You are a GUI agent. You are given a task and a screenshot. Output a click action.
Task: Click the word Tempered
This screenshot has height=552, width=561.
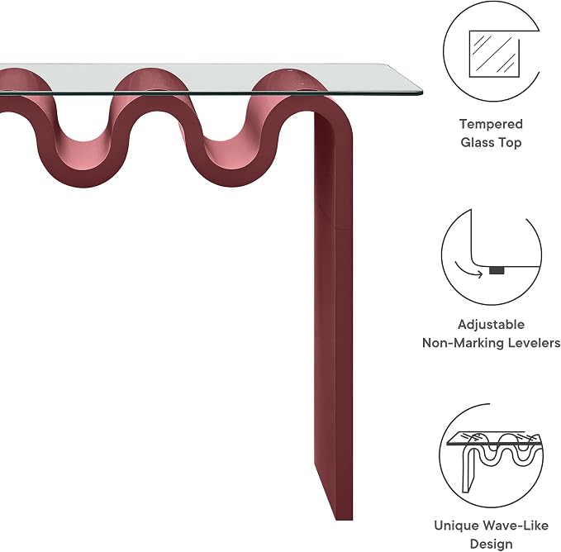[491, 124]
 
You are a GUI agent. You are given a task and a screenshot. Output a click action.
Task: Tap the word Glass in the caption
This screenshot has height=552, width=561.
[476, 142]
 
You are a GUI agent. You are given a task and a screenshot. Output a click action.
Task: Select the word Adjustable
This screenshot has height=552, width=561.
[491, 325]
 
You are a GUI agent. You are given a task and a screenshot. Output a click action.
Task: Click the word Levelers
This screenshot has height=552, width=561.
[531, 343]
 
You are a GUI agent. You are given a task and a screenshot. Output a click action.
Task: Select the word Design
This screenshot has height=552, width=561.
[491, 544]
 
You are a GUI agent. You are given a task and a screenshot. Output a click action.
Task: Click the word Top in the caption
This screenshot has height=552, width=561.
[509, 142]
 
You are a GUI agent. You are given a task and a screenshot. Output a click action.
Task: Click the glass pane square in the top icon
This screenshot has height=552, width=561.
[494, 54]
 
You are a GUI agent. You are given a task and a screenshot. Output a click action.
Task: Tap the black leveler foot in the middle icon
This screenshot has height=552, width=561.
[497, 270]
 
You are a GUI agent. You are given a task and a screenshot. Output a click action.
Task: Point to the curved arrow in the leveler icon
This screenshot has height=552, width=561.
[467, 270]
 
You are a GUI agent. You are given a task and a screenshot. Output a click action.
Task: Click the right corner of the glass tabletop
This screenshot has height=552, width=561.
[422, 93]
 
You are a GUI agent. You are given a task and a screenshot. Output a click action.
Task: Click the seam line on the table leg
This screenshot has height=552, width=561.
[344, 228]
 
